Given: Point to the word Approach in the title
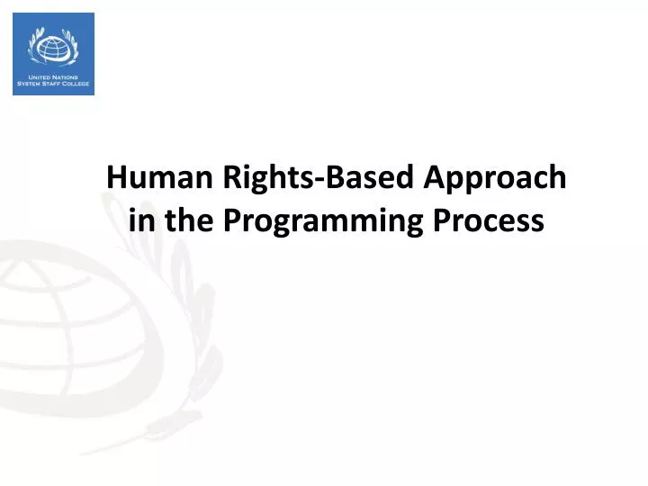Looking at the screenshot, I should tap(492, 177).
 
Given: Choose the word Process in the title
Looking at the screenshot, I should tap(500, 220).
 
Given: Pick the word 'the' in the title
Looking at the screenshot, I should tap(190, 220).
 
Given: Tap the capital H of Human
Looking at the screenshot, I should tap(115, 177).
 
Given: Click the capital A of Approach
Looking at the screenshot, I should tap(431, 177).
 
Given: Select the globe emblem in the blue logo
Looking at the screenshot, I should tap(54, 47).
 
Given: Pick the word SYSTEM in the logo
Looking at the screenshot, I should tap(30, 85).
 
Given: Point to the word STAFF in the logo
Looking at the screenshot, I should tap(52, 85).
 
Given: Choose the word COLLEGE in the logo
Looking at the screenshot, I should tap(76, 85).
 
